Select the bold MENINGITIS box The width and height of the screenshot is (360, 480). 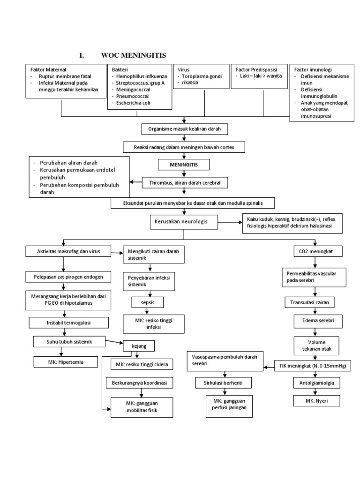click(x=183, y=165)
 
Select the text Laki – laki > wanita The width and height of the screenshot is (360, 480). click(x=260, y=76)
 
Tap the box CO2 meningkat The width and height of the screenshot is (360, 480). click(x=315, y=252)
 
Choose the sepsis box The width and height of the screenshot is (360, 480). click(x=149, y=302)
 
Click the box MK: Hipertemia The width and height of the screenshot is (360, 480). click(x=65, y=362)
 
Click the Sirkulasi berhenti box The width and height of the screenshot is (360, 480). click(x=224, y=383)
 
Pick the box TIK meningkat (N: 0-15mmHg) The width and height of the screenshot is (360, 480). click(x=319, y=366)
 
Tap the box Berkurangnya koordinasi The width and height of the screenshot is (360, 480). click(x=136, y=383)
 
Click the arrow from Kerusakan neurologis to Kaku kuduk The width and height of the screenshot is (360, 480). click(x=230, y=222)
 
